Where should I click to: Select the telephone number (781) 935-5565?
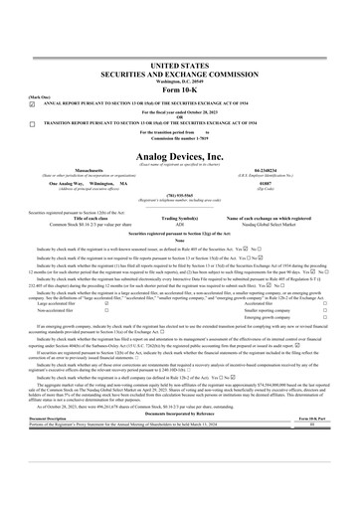pos(179,196)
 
